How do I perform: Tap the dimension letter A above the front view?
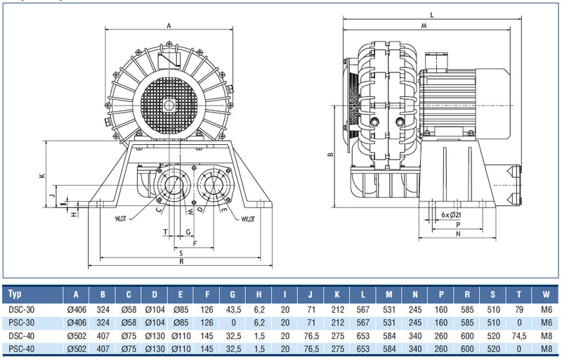tap(169, 25)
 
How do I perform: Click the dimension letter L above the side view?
tap(432, 14)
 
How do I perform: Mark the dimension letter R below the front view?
tap(181, 262)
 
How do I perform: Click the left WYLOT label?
tap(124, 218)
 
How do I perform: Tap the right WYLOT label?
tap(247, 219)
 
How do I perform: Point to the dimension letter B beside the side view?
tap(329, 156)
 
